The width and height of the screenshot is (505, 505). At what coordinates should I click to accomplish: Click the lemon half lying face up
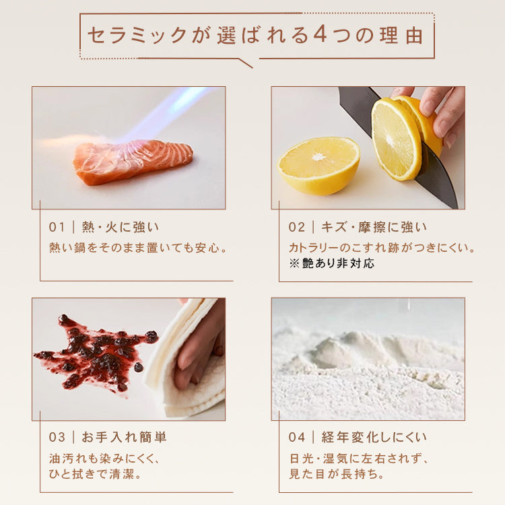pos(318,166)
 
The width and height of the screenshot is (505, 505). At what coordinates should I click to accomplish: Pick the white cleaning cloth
pos(182,357)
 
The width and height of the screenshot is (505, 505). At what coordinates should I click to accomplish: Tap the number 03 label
pos(57,437)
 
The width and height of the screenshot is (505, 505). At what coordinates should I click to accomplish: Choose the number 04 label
pos(297,437)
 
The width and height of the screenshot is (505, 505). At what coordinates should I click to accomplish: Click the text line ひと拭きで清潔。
pos(95,474)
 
